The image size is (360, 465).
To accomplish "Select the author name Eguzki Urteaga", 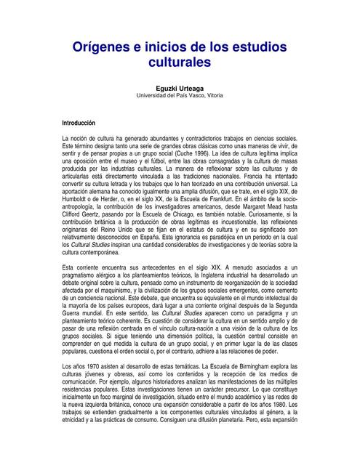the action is coord(180,87).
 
